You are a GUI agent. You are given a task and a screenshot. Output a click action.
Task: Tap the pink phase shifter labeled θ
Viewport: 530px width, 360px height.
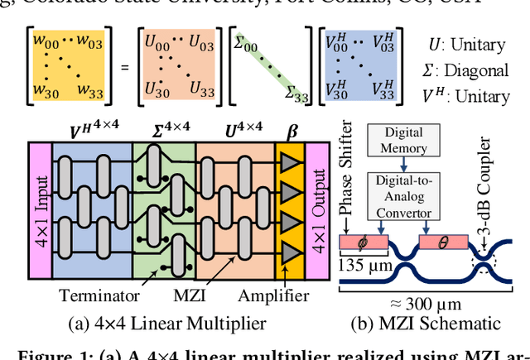pos(444,243)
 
